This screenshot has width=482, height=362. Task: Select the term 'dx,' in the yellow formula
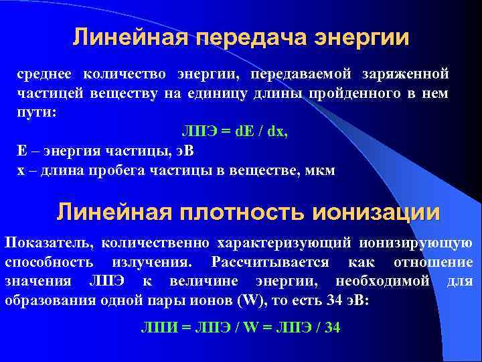(277, 132)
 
